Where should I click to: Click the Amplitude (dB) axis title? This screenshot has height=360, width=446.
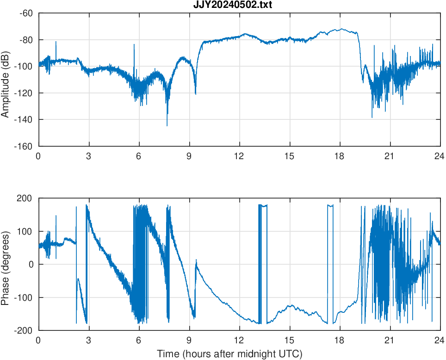[6, 80]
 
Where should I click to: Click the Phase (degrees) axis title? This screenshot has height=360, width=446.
[6, 264]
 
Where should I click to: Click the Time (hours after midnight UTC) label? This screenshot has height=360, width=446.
[229, 354]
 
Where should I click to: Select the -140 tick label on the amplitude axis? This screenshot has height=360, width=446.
[24, 120]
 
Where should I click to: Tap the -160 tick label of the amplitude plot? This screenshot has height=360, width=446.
[24, 146]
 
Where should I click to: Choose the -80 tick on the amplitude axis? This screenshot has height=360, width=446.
[26, 40]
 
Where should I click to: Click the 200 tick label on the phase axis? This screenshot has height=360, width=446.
[26, 199]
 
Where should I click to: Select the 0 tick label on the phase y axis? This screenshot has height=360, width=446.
[31, 265]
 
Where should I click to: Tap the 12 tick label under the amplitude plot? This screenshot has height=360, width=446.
[239, 156]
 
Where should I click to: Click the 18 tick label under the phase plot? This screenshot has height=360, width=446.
[340, 340]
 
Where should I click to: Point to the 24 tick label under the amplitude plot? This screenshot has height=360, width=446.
[440, 156]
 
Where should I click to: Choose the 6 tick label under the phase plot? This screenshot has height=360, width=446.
[139, 340]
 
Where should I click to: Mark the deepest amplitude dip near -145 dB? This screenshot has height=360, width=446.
[167, 125]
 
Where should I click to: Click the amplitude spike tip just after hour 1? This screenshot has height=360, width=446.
[56, 42]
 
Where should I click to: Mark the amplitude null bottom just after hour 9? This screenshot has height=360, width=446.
[195, 94]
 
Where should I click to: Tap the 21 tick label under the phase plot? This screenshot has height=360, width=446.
[390, 340]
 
